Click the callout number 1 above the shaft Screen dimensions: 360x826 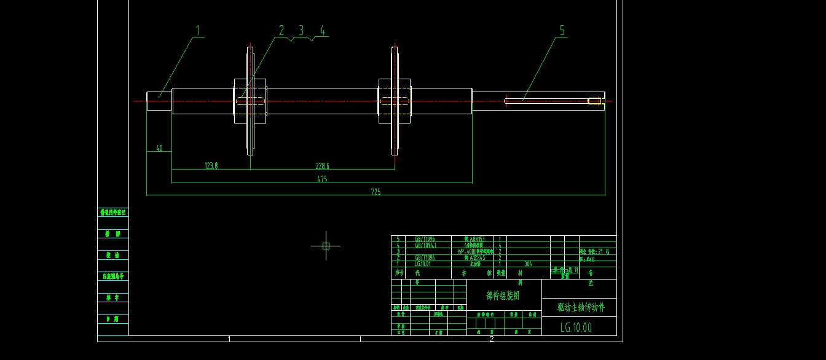point(199,29)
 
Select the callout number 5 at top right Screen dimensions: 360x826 point(562,30)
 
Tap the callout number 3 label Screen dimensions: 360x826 point(301,30)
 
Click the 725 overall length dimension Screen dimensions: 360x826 point(376,192)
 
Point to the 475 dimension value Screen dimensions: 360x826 point(322,179)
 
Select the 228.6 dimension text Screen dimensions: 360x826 point(322,166)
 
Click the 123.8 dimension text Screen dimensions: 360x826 point(211,166)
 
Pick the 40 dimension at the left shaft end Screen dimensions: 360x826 point(159,148)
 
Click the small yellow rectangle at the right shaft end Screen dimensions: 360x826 point(594,101)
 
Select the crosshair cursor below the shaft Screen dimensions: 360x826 point(326,246)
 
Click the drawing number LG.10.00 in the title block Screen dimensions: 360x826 point(576,327)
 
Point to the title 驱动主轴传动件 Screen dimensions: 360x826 point(580,307)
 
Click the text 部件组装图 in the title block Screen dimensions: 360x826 point(503,295)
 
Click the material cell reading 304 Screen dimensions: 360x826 point(527,264)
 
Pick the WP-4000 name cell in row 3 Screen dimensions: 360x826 point(476,251)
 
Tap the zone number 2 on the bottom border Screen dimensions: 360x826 point(491,338)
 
